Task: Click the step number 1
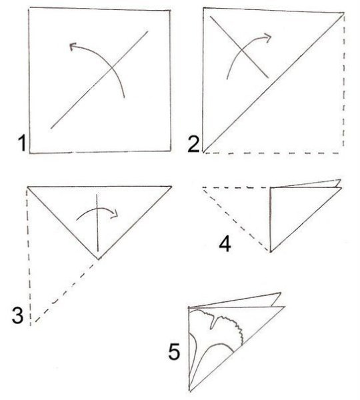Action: (22, 143)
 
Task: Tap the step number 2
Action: (193, 144)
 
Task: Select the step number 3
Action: (17, 315)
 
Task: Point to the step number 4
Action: (225, 244)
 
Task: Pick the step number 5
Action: (174, 351)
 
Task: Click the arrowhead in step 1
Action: (73, 47)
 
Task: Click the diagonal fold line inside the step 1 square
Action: (99, 80)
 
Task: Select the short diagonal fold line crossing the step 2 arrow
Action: (239, 47)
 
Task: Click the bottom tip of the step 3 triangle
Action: (98, 259)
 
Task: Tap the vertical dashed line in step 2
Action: (344, 81)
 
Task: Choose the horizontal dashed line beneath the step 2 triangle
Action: (272, 153)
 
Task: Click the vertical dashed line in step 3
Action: (29, 257)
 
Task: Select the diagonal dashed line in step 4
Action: (236, 220)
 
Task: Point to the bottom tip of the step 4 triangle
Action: (271, 252)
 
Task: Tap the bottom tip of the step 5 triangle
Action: (190, 390)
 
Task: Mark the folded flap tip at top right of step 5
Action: (281, 293)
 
